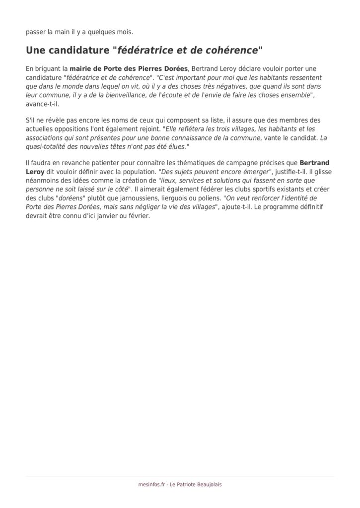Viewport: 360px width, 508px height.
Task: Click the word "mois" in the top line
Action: pos(124,32)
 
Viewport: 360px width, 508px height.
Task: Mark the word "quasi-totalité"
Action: pos(51,147)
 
